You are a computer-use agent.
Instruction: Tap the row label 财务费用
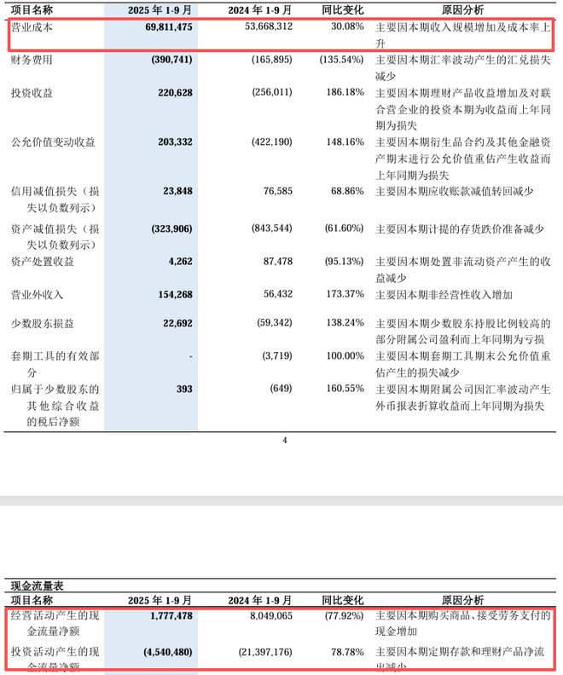[34, 61]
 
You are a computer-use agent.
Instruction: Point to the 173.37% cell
[342, 294]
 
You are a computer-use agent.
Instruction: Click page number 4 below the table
[285, 441]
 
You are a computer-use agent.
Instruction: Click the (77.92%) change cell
[340, 615]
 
